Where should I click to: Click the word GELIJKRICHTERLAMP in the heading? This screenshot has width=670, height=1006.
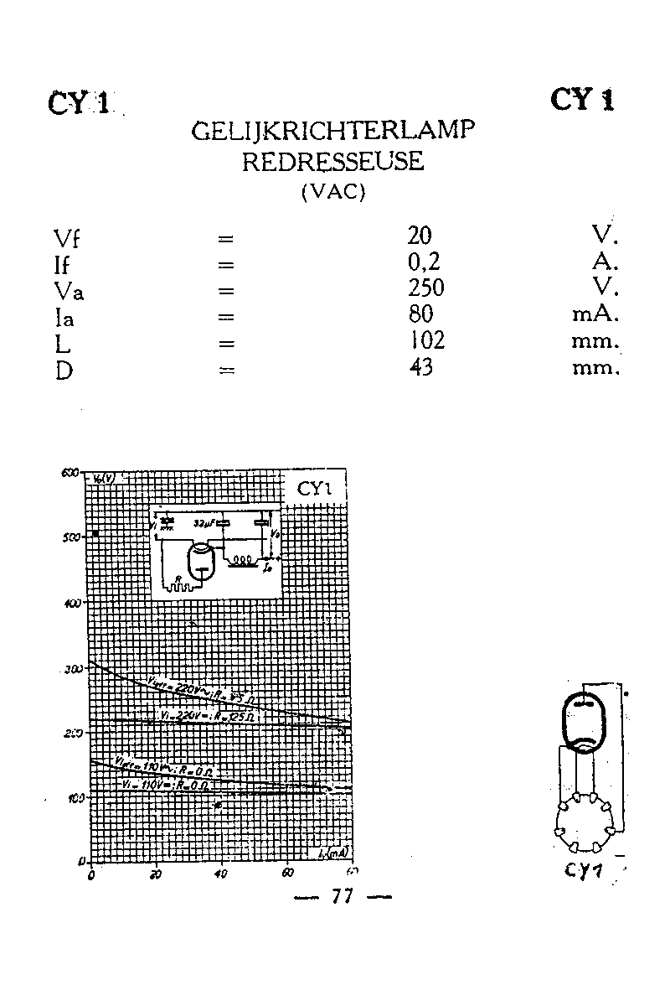334,132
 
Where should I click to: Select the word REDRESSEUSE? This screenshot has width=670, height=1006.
333,162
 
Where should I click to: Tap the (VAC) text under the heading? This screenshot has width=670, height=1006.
333,191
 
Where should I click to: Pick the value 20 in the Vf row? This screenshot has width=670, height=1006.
420,236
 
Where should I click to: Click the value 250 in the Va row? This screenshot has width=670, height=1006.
425,288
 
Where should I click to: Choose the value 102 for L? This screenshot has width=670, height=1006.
426,341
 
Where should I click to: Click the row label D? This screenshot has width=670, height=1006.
64,370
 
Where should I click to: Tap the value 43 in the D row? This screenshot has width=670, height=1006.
420,367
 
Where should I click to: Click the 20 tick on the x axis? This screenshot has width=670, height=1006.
156,874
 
